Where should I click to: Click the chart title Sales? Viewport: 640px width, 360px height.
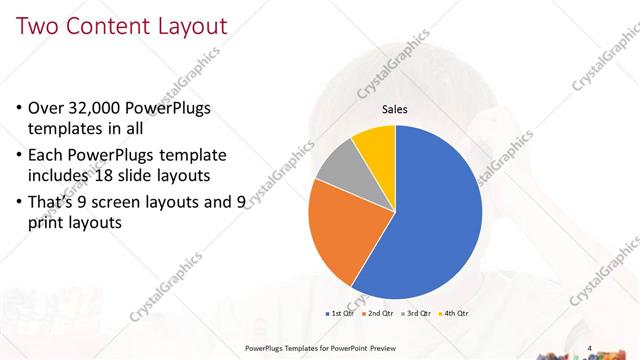(396, 110)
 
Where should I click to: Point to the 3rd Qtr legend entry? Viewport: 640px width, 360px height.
(417, 313)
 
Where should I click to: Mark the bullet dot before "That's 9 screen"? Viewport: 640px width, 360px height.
(23, 204)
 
